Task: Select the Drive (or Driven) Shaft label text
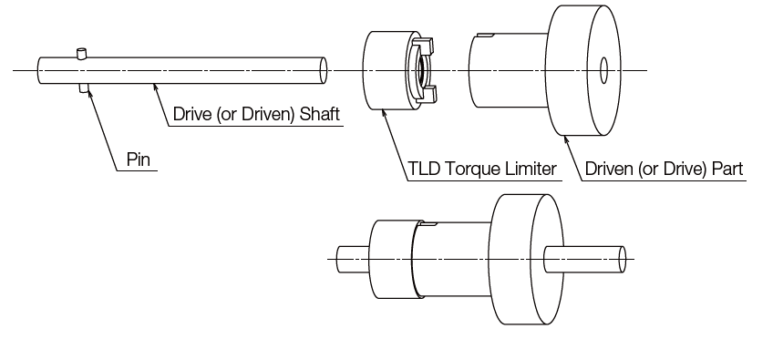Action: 257,115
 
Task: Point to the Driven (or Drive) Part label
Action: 664,169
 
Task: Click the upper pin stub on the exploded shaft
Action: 83,54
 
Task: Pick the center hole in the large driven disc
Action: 604,71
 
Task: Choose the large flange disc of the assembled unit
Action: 522,259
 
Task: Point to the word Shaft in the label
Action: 321,115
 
